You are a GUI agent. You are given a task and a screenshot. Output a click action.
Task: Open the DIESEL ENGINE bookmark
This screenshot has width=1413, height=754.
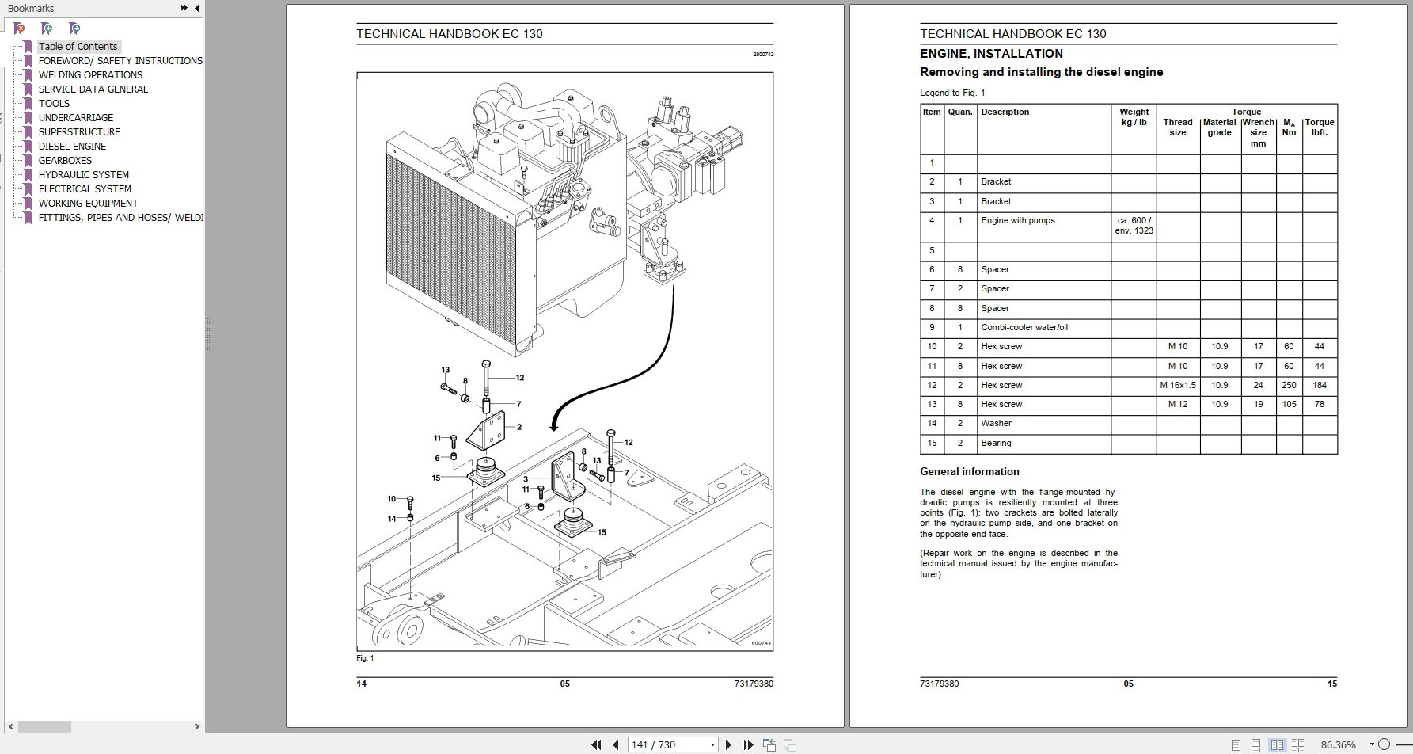[72, 147]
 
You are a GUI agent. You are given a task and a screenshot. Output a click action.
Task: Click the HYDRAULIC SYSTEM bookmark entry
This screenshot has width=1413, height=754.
[83, 175]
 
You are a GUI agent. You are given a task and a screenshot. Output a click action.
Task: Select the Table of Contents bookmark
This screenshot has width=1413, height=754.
[78, 47]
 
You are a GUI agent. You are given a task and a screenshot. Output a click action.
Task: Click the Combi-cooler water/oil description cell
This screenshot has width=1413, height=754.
[1024, 328]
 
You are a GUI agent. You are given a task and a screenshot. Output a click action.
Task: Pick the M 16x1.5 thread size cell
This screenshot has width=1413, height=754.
[1177, 386]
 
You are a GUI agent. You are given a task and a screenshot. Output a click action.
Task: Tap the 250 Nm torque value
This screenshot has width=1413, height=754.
[1289, 386]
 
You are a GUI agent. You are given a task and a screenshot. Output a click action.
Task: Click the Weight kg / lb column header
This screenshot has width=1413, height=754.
[1134, 117]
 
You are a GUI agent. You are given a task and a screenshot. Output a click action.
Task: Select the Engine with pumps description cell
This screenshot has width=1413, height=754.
[1017, 221]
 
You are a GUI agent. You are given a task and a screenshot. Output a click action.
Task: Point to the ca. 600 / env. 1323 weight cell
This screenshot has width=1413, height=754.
[1134, 226]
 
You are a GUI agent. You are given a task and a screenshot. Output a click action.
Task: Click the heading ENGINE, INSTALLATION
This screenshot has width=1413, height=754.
[991, 54]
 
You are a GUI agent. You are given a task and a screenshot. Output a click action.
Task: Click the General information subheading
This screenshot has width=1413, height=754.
[969, 472]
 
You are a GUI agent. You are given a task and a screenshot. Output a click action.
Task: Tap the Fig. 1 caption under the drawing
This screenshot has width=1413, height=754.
[365, 658]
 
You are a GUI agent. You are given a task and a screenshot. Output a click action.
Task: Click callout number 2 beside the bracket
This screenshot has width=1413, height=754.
[519, 427]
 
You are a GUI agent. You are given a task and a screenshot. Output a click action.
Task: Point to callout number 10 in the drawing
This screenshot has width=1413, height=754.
[392, 499]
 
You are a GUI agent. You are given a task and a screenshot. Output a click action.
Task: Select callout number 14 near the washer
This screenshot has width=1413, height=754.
[392, 519]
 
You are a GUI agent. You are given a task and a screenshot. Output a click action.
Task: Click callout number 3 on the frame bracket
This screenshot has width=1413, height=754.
[525, 479]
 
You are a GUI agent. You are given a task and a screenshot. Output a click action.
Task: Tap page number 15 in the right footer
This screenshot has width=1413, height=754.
[1331, 684]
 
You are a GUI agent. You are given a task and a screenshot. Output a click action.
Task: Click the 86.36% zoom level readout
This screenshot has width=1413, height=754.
[1338, 744]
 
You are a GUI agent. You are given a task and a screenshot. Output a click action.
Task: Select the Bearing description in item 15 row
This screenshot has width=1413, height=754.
[996, 444]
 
